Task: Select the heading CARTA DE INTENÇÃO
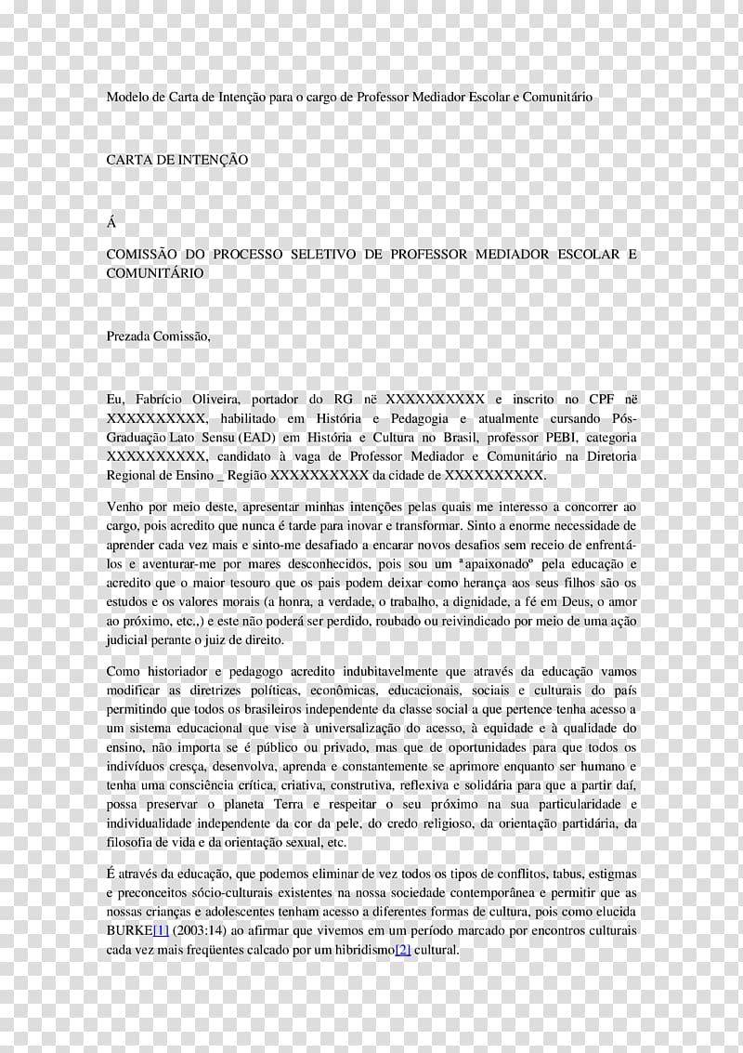pyautogui.click(x=177, y=160)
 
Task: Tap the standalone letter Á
pyautogui.click(x=111, y=223)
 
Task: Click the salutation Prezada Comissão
pyautogui.click(x=158, y=336)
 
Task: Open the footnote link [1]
pyautogui.click(x=162, y=929)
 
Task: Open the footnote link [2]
pyautogui.click(x=403, y=950)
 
